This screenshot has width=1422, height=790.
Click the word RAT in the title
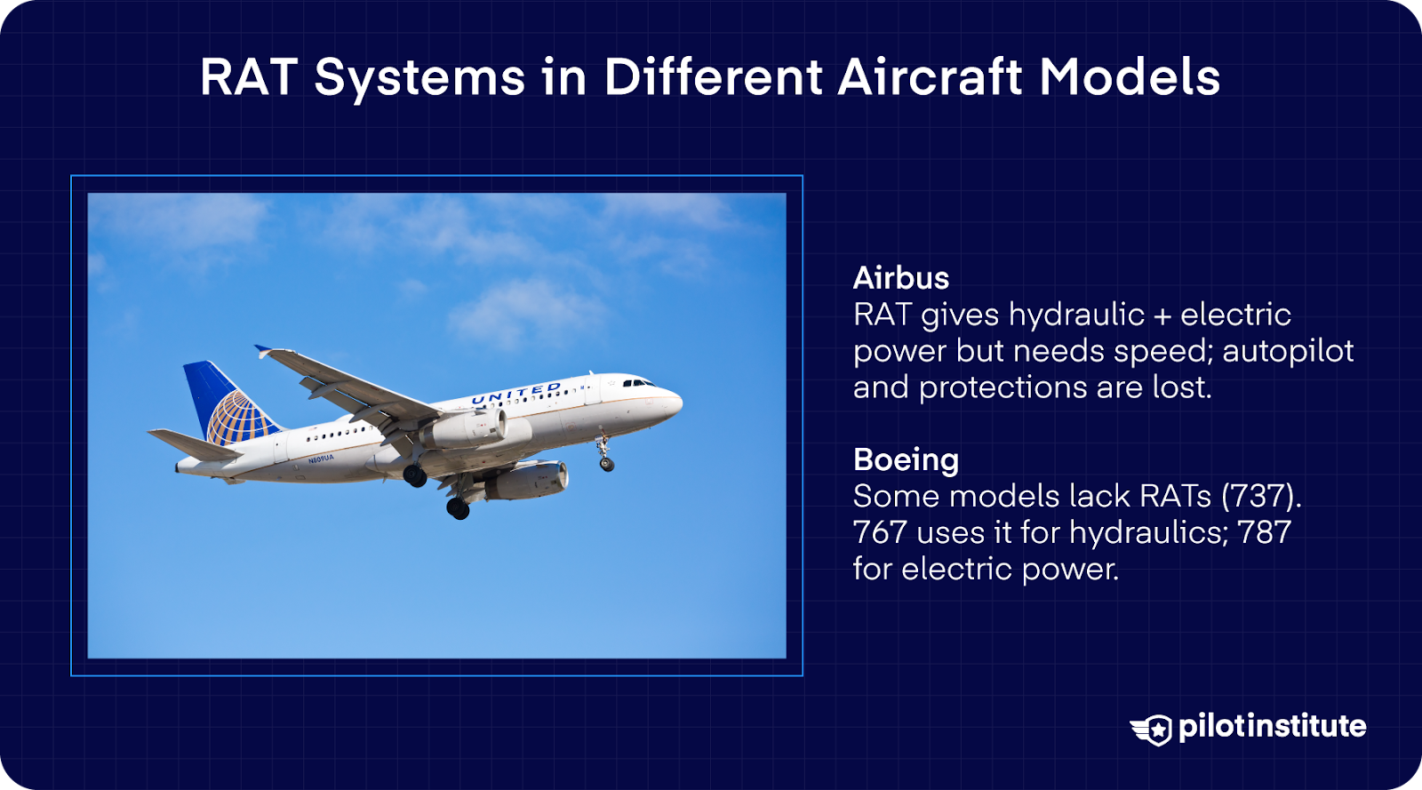[x=248, y=77]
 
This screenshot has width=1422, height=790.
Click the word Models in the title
[x=1130, y=77]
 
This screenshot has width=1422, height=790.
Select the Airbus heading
[x=900, y=278]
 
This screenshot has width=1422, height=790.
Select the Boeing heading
[x=906, y=459]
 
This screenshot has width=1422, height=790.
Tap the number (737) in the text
[x=1261, y=496]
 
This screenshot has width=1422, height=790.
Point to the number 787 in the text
[x=1265, y=532]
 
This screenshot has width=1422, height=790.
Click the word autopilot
[x=1288, y=351]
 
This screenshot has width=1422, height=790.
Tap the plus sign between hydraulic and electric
[x=1162, y=315]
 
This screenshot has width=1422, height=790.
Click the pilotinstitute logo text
[x=1272, y=726]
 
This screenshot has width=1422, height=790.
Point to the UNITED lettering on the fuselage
[x=515, y=394]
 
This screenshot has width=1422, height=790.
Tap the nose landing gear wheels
[x=606, y=462]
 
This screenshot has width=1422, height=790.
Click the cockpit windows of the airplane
[x=637, y=383]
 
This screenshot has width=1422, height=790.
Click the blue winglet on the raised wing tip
[x=263, y=351]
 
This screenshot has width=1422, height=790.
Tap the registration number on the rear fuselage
[x=321, y=459]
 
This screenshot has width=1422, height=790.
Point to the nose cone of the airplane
[x=677, y=401]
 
